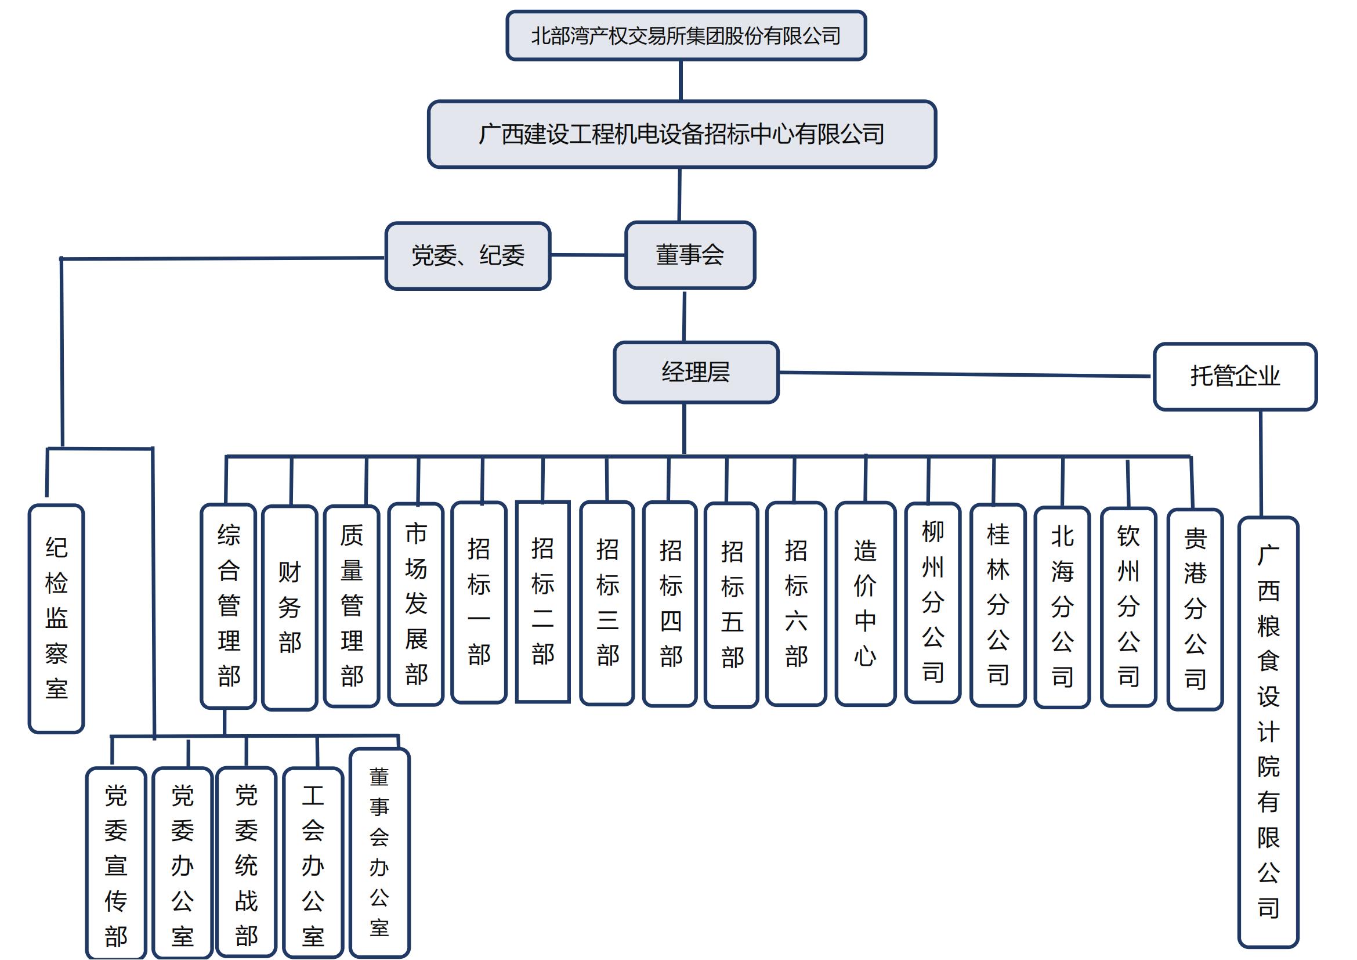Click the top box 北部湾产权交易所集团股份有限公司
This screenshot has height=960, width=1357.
(686, 36)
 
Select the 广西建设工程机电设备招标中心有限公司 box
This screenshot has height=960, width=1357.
(682, 134)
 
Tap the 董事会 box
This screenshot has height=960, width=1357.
(690, 255)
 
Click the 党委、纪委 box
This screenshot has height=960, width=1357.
(468, 256)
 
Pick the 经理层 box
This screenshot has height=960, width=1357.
(696, 373)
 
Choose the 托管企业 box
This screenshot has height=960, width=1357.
(1235, 377)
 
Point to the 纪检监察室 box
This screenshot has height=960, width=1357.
(56, 618)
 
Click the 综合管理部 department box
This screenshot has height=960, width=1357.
(228, 606)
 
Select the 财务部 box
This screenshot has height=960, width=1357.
(290, 608)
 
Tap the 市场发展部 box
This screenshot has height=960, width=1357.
(415, 604)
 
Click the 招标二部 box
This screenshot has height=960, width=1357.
(542, 602)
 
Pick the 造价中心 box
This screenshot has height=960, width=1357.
(864, 604)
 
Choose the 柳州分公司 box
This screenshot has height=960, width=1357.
(932, 602)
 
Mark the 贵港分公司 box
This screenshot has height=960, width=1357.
(1195, 609)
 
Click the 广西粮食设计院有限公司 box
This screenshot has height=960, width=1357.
(1268, 733)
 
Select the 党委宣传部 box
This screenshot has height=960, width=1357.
(116, 863)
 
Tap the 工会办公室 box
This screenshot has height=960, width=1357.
(313, 863)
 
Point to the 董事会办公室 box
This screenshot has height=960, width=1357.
(379, 851)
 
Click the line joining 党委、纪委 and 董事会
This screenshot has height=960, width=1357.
(588, 255)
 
